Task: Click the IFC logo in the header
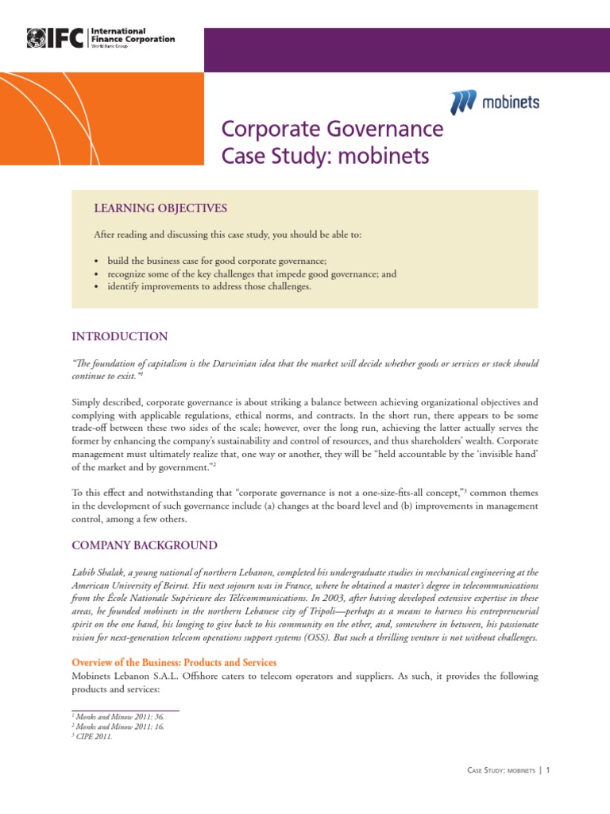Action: (x=56, y=37)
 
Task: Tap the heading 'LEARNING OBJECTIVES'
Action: (x=160, y=208)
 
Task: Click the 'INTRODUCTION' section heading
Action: (x=120, y=336)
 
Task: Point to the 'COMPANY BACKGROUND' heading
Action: (x=145, y=545)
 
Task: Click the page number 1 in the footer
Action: (x=548, y=770)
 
